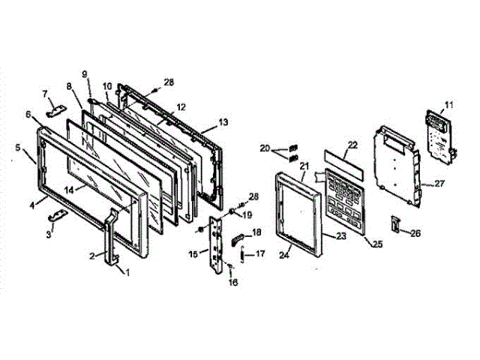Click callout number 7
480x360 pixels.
[45, 93]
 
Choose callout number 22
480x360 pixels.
[352, 143]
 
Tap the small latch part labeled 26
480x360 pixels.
[394, 223]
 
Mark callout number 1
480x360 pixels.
[127, 272]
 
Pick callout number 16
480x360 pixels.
[232, 283]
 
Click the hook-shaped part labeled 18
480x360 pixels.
[238, 239]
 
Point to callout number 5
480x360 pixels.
[17, 148]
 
